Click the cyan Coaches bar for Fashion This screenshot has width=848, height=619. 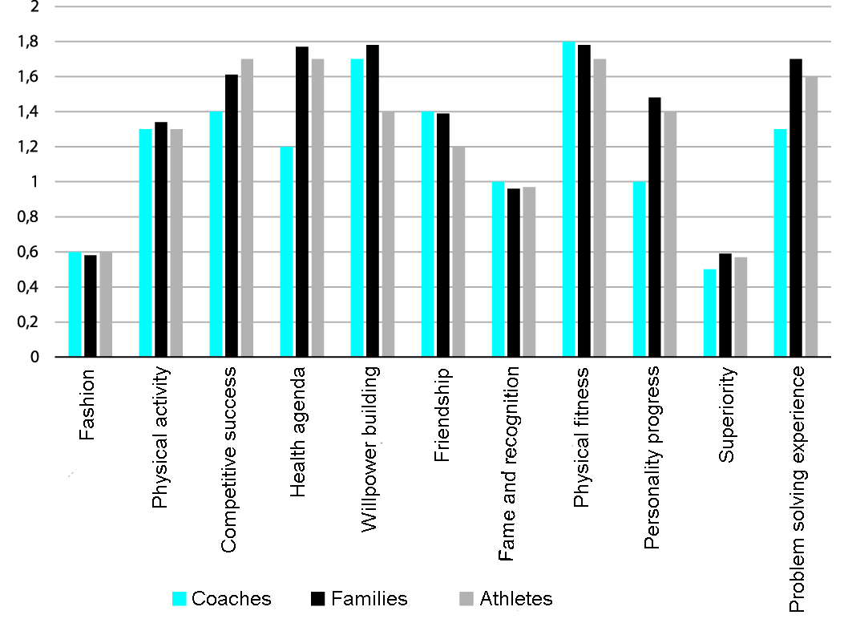tap(75, 305)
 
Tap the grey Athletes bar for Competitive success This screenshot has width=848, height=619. tap(247, 208)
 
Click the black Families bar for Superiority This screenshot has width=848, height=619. tap(725, 305)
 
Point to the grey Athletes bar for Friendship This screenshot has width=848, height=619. tap(458, 252)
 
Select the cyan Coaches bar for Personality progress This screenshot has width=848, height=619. tap(639, 269)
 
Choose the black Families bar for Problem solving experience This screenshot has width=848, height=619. tap(796, 208)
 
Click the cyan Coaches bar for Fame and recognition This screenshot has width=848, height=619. tap(498, 269)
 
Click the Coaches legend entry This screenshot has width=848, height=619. tap(222, 599)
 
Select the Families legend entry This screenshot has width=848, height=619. tap(358, 599)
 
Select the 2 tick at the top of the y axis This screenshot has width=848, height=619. tap(35, 6)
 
